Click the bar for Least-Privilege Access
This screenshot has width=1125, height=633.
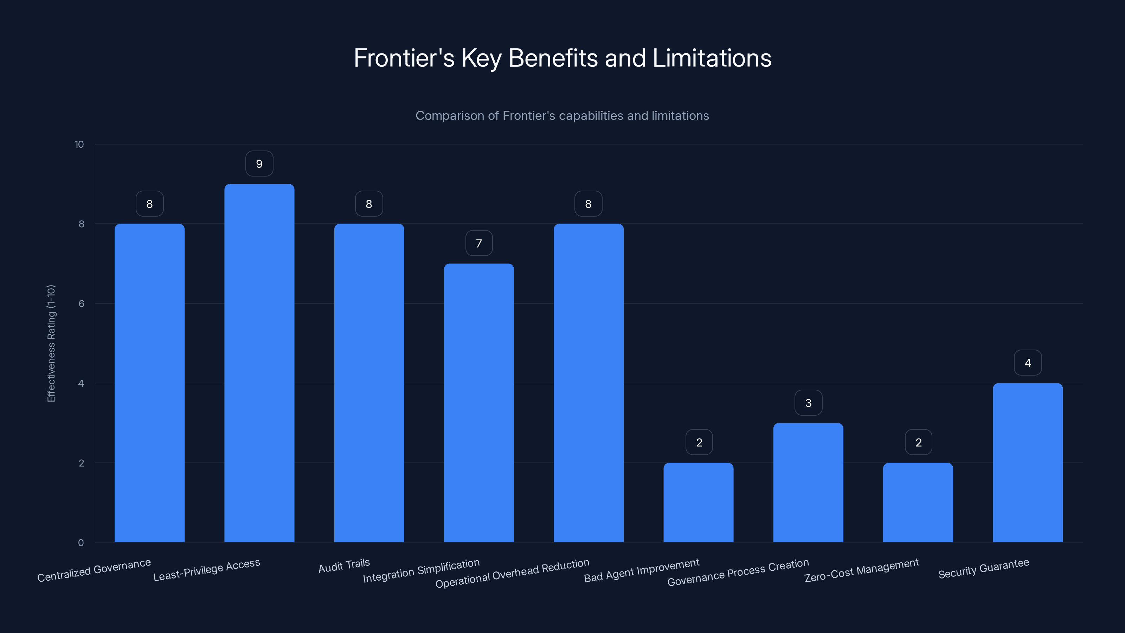[259, 363]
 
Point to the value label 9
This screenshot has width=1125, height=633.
[259, 164]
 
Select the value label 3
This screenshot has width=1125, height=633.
[808, 403]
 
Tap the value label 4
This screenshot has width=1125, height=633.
[1027, 363]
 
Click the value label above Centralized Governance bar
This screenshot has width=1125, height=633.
[149, 204]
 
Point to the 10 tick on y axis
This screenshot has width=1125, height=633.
[79, 144]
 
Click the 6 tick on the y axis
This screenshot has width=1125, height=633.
[81, 303]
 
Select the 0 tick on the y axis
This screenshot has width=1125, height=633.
[81, 543]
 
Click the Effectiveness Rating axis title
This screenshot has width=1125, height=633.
[51, 343]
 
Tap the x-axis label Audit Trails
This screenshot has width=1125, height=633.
[344, 566]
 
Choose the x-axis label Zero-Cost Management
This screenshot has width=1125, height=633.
[861, 570]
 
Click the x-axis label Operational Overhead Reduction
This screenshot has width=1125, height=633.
[512, 573]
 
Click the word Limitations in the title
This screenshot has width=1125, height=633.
[712, 58]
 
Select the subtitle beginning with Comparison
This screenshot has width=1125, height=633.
[562, 116]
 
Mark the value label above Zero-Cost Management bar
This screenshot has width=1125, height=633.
[918, 442]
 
